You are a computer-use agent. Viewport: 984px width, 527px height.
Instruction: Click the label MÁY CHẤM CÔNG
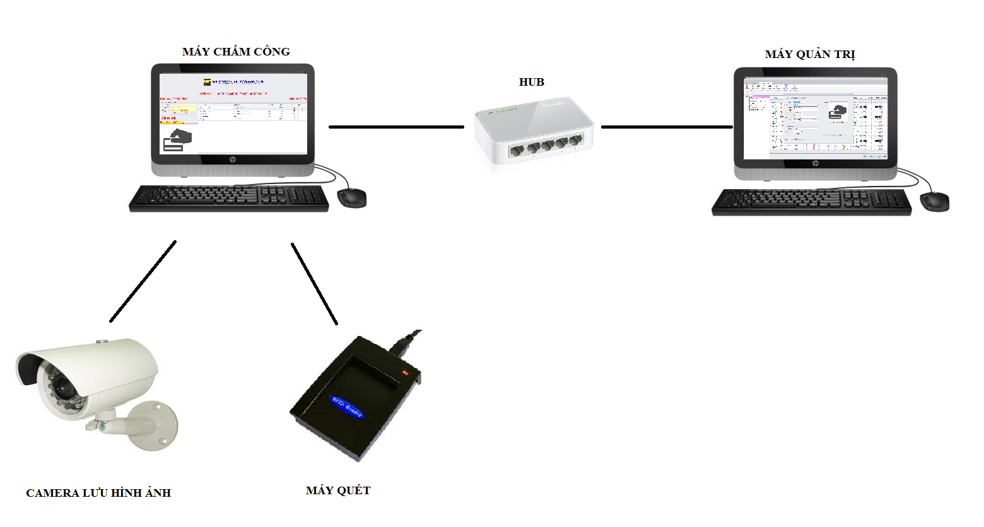pos(236,52)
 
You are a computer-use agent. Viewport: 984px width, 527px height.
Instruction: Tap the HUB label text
pos(531,82)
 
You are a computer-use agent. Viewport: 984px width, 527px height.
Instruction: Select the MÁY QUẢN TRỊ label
pos(810,54)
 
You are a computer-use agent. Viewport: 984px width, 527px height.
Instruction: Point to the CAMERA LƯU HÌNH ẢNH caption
pos(98,493)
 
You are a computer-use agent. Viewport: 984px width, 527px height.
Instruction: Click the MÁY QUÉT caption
pos(338,490)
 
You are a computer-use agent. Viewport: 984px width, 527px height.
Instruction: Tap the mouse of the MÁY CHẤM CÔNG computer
pos(352,198)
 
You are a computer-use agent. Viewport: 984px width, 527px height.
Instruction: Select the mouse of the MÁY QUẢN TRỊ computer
pos(935,202)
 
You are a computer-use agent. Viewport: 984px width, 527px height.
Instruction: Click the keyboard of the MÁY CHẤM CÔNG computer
pos(229,198)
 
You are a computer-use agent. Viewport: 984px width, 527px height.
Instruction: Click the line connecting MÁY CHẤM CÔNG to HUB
pos(396,127)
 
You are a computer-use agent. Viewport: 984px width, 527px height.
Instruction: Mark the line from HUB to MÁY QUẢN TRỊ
pos(667,127)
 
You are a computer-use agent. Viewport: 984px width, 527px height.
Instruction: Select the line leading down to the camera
pos(143,281)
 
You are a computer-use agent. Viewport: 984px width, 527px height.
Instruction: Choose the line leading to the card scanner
pos(314,284)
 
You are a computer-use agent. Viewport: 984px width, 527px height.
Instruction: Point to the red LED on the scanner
pos(405,373)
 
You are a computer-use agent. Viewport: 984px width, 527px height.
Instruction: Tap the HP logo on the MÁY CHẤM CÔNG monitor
pos(232,160)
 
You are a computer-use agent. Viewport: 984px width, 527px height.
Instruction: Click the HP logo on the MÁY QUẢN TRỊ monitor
pos(815,164)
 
